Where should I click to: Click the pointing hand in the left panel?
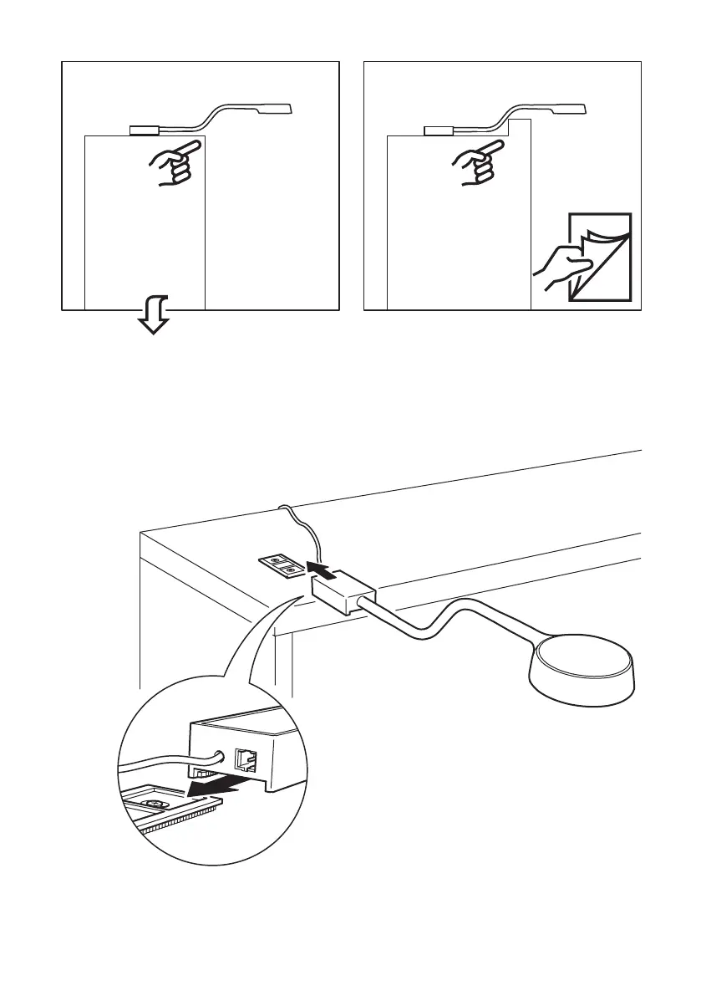point(174,162)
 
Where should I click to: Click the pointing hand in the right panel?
point(475,162)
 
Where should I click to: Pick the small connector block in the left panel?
point(145,130)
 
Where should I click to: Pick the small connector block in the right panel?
point(438,130)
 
